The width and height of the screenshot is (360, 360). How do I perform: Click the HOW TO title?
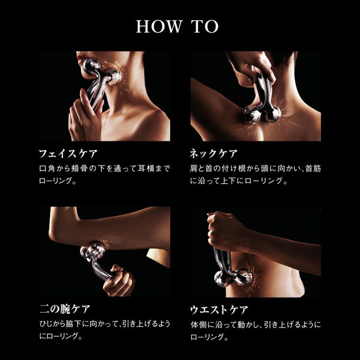[x=177, y=26]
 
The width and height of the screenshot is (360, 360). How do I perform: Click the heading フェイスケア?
[x=69, y=154]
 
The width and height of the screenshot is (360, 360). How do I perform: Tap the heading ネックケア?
[x=213, y=154]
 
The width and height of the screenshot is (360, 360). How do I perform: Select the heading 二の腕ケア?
[x=65, y=309]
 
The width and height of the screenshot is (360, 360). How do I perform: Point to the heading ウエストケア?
[x=219, y=310]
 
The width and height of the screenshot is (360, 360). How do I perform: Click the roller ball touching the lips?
[x=91, y=66]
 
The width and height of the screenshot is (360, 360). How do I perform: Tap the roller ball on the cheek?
[x=114, y=77]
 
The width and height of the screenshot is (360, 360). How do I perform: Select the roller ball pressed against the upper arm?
[x=96, y=249]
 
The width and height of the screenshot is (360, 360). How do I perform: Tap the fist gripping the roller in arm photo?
[x=118, y=280]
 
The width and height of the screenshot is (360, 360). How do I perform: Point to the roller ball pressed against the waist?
[x=244, y=276]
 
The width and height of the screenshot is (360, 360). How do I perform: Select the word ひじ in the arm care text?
[x=47, y=324]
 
